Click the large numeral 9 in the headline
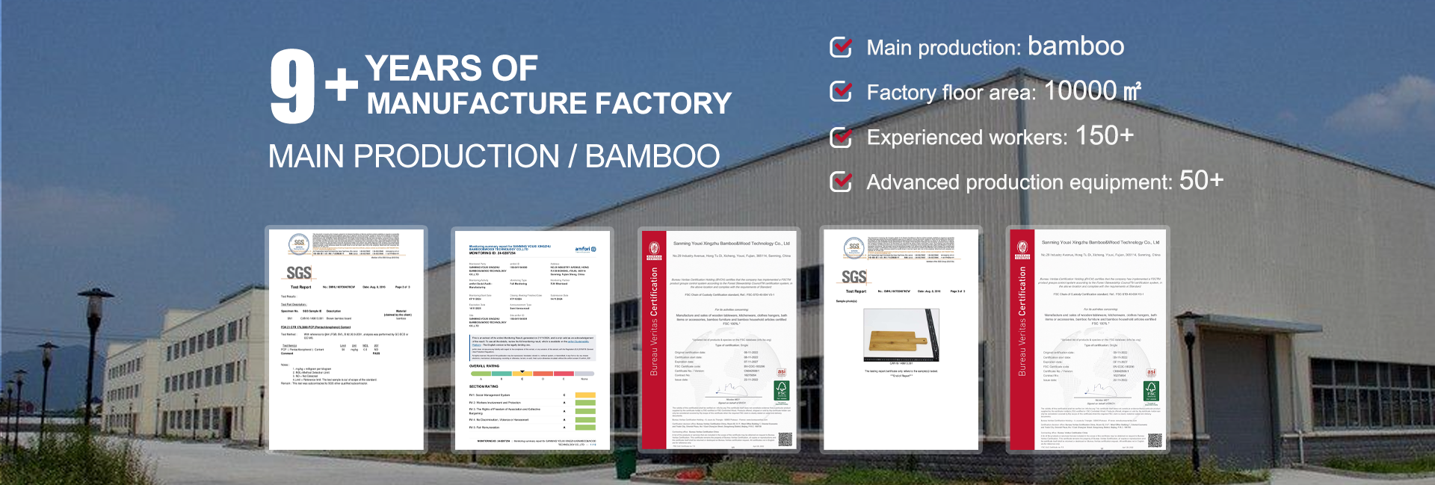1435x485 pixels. click(x=292, y=87)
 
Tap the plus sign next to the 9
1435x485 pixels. click(x=342, y=84)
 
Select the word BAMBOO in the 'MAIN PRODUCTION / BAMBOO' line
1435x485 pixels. click(x=652, y=157)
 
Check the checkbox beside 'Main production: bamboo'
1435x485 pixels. click(x=841, y=47)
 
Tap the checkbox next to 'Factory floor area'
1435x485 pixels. click(x=841, y=92)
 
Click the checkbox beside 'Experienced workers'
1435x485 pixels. click(x=841, y=138)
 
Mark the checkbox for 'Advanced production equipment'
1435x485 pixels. click(x=841, y=182)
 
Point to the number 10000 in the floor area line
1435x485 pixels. click(x=1080, y=91)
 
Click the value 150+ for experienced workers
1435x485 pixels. click(x=1104, y=136)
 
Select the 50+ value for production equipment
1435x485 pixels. click(x=1201, y=181)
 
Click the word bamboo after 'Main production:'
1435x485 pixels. click(x=1076, y=46)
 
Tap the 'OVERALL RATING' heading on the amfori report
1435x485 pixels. click(x=484, y=366)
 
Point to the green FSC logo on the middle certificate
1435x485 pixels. click(x=782, y=389)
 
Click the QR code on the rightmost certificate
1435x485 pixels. click(x=1155, y=440)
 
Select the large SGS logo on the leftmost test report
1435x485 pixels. click(x=299, y=274)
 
